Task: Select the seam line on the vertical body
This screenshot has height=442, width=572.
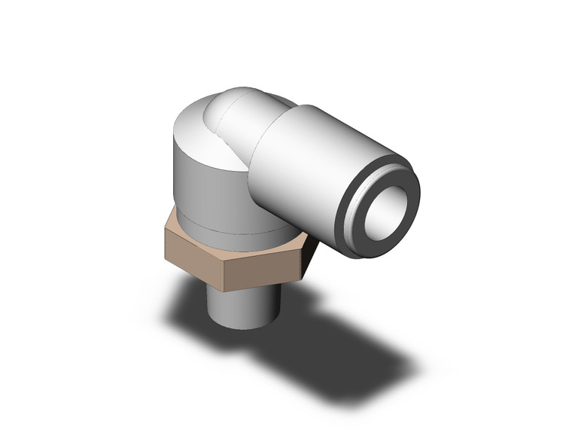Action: [211, 226]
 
